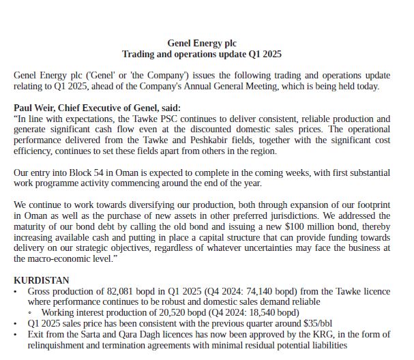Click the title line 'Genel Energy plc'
point(201,43)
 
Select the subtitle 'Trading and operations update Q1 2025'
point(201,54)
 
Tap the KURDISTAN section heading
point(42,280)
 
